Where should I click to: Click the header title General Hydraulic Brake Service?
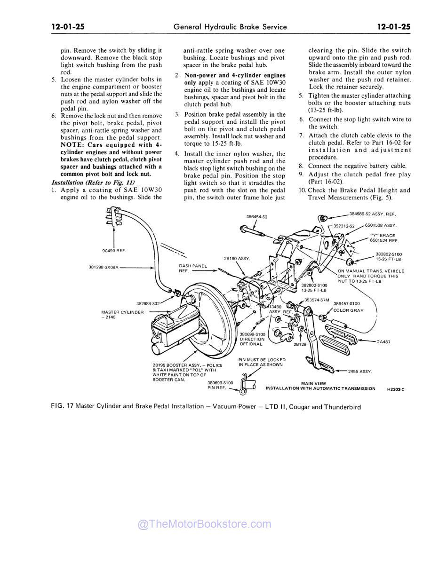coord(230,27)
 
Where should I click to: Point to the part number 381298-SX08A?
coord(104,267)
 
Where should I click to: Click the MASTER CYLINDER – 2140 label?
coord(122,315)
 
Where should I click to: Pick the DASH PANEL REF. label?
coord(192,269)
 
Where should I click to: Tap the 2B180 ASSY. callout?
coord(237,258)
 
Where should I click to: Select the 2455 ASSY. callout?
coord(360,372)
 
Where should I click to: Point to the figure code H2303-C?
coord(396,389)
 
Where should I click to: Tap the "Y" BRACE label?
coord(383,235)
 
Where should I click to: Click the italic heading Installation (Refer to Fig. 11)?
coord(93,182)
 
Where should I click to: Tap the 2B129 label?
coord(300,344)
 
